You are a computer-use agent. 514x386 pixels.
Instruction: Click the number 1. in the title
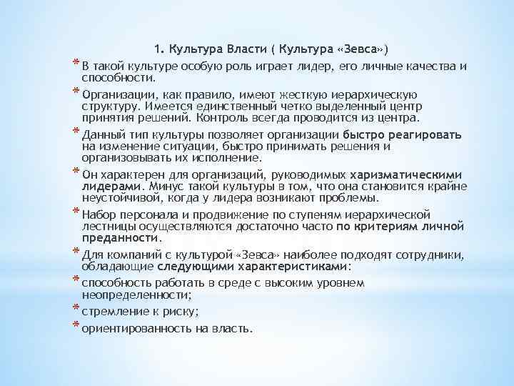click(159, 49)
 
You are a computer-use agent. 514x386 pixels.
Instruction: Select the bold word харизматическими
click(405, 175)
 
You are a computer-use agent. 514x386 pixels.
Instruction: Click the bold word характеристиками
click(295, 266)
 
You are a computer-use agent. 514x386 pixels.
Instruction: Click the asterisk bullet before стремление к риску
click(76, 308)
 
